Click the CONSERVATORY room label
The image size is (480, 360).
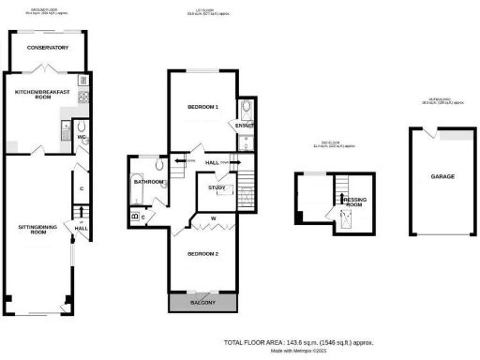(x=47, y=47)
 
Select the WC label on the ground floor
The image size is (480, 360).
(x=81, y=138)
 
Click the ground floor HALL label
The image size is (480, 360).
(x=82, y=228)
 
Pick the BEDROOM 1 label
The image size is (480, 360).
(x=202, y=107)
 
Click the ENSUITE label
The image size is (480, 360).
(x=246, y=125)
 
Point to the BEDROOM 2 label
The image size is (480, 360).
(x=202, y=254)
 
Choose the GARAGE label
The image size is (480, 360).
(x=442, y=176)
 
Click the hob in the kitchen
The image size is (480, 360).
(x=82, y=95)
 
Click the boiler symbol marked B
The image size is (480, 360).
(x=135, y=217)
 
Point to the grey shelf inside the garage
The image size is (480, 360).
(x=457, y=137)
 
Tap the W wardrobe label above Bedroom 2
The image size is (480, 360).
(x=214, y=219)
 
